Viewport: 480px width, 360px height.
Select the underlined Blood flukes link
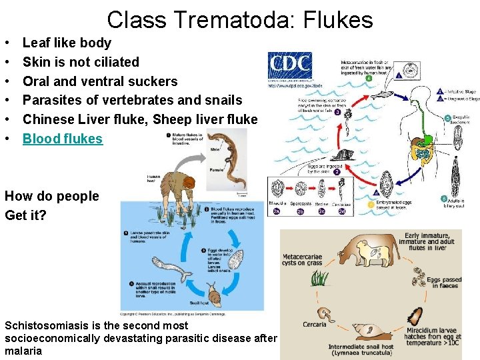point(63,139)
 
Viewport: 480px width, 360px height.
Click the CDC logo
point(289,65)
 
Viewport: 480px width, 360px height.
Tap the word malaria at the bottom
point(23,351)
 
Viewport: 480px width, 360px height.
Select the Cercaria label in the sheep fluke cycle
point(314,325)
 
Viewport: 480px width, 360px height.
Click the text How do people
point(51,196)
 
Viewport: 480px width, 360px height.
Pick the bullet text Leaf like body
point(67,43)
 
